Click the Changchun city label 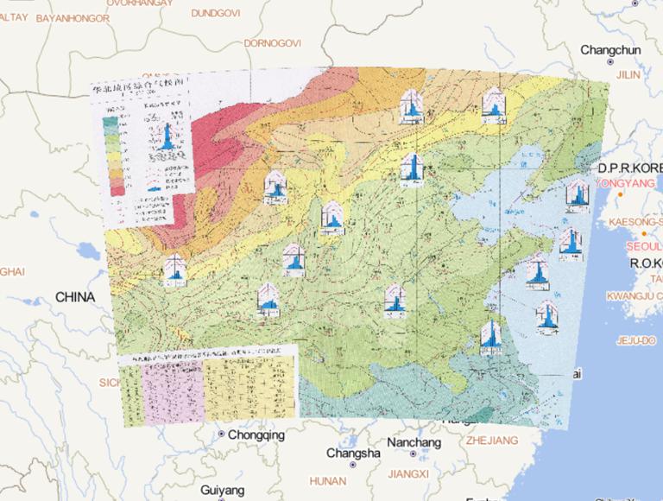point(610,50)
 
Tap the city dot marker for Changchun point(610,62)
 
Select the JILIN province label point(628,75)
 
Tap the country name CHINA point(75,296)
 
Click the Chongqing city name point(256,435)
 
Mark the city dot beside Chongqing point(221,434)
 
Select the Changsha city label point(353,453)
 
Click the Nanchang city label point(414,441)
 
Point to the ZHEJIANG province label point(490,440)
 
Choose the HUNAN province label point(327,480)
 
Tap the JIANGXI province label point(408,473)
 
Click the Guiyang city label point(222,489)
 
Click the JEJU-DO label point(635,341)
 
